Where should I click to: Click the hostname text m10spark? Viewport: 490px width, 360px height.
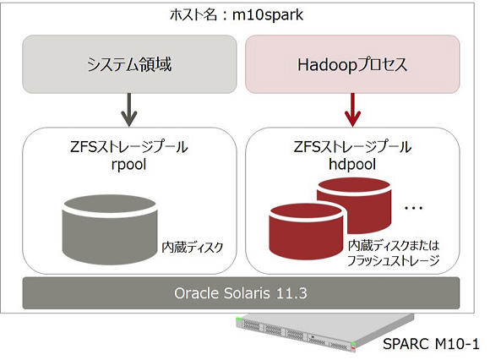(268, 15)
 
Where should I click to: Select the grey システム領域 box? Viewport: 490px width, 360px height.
(129, 64)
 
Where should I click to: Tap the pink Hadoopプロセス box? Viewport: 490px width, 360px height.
(352, 64)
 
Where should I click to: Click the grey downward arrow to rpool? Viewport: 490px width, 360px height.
(129, 110)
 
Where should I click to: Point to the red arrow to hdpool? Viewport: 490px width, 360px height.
(352, 110)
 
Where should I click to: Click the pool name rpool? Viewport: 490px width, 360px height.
(128, 165)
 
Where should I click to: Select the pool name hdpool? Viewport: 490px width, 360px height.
(352, 165)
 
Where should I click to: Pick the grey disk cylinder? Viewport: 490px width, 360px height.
(110, 230)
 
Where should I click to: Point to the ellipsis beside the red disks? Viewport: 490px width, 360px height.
(413, 208)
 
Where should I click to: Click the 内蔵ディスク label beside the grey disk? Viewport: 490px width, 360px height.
(192, 248)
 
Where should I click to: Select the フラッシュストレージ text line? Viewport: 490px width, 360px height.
(393, 260)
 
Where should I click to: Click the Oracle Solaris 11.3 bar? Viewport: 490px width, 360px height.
(241, 293)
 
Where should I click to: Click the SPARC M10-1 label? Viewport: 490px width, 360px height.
(431, 344)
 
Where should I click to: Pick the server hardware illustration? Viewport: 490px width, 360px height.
(325, 332)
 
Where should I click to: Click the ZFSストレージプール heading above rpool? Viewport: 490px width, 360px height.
(128, 147)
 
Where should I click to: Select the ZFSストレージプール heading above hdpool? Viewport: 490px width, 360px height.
(352, 147)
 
